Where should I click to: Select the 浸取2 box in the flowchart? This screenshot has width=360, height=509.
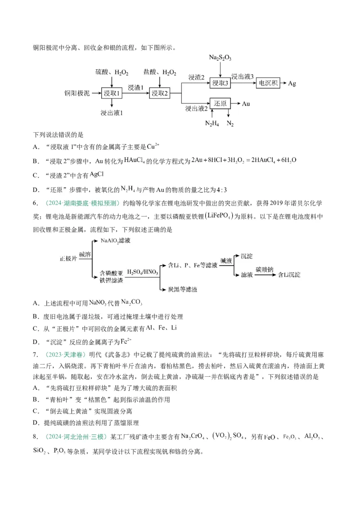160,93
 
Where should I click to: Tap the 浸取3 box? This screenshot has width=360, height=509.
220,83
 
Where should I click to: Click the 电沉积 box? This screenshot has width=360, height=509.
269,83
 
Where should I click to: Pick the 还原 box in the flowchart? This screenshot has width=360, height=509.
220,103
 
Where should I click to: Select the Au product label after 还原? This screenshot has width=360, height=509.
246,103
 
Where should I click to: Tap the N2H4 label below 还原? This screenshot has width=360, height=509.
211,124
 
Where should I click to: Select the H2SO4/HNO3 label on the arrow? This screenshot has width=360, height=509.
141,272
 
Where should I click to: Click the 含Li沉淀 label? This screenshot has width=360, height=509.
289,274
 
